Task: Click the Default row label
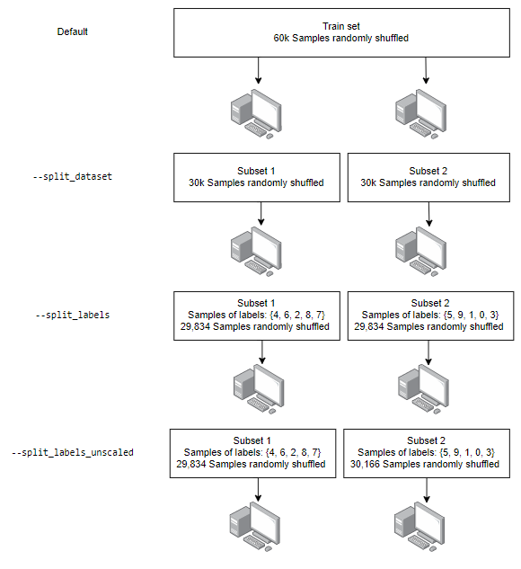[72, 31]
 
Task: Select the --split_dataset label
[72, 176]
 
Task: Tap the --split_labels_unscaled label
[73, 452]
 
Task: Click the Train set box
[341, 32]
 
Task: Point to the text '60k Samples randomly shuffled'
[340, 38]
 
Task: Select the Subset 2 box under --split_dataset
[428, 177]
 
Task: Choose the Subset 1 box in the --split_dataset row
[257, 177]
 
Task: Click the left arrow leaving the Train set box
[258, 70]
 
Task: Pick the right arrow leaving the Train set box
[426, 70]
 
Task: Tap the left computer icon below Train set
[256, 114]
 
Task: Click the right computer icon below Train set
[420, 114]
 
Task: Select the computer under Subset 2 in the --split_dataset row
[420, 252]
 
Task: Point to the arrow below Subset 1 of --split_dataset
[260, 213]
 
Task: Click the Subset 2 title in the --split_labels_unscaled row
[426, 440]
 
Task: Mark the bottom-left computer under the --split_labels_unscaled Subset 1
[255, 527]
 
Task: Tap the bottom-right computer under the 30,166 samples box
[419, 527]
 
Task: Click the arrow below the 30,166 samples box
[427, 490]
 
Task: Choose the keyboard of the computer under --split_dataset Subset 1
[255, 267]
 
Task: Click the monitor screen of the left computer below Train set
[267, 110]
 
